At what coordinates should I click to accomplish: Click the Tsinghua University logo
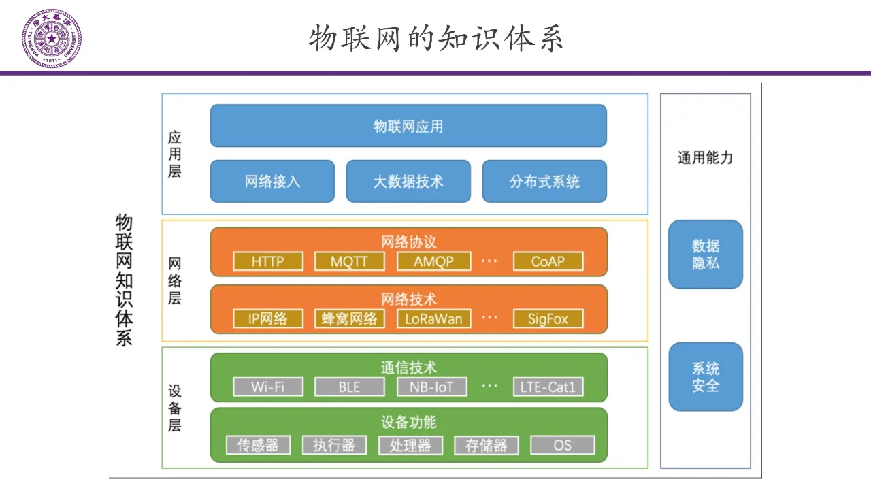[52, 38]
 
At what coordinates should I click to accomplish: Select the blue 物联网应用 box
[408, 126]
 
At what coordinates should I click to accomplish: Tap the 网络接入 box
[272, 182]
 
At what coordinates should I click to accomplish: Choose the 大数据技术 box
[408, 182]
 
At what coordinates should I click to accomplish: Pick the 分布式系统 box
[544, 182]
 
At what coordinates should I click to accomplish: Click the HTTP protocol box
[267, 261]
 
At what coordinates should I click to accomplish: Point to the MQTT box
[349, 261]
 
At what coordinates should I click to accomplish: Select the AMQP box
[434, 261]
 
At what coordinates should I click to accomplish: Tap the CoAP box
[548, 261]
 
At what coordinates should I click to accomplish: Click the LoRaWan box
[434, 318]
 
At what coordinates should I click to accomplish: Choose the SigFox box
[548, 318]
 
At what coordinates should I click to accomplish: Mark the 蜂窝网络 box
[349, 318]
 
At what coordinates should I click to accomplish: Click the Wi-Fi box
[267, 387]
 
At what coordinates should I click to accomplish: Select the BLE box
[349, 387]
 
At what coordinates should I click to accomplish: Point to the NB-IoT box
[433, 387]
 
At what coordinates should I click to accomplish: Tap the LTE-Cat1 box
[548, 387]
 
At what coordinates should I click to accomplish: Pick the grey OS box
[563, 445]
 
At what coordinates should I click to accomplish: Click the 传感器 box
[258, 445]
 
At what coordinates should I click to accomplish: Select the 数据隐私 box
[706, 255]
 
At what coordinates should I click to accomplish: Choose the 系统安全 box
[706, 377]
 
